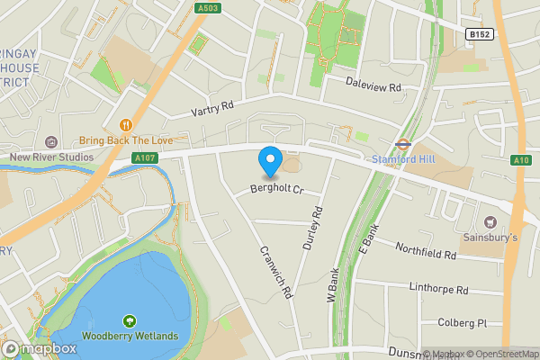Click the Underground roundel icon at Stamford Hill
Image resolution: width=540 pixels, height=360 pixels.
(402, 142)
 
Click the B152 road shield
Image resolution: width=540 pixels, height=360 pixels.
(480, 33)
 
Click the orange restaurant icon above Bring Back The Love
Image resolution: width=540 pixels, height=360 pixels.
(126, 124)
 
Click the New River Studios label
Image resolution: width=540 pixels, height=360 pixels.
(51, 157)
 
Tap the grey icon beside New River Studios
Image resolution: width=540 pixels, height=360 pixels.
(50, 141)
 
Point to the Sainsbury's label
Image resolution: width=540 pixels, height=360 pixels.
(490, 238)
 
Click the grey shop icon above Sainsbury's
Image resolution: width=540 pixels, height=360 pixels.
(490, 221)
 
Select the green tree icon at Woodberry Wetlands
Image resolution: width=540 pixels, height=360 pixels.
(130, 320)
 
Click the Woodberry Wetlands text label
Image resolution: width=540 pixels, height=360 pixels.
(130, 337)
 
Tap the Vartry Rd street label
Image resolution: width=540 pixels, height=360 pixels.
(212, 109)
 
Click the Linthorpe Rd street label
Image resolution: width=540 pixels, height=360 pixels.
(439, 291)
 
